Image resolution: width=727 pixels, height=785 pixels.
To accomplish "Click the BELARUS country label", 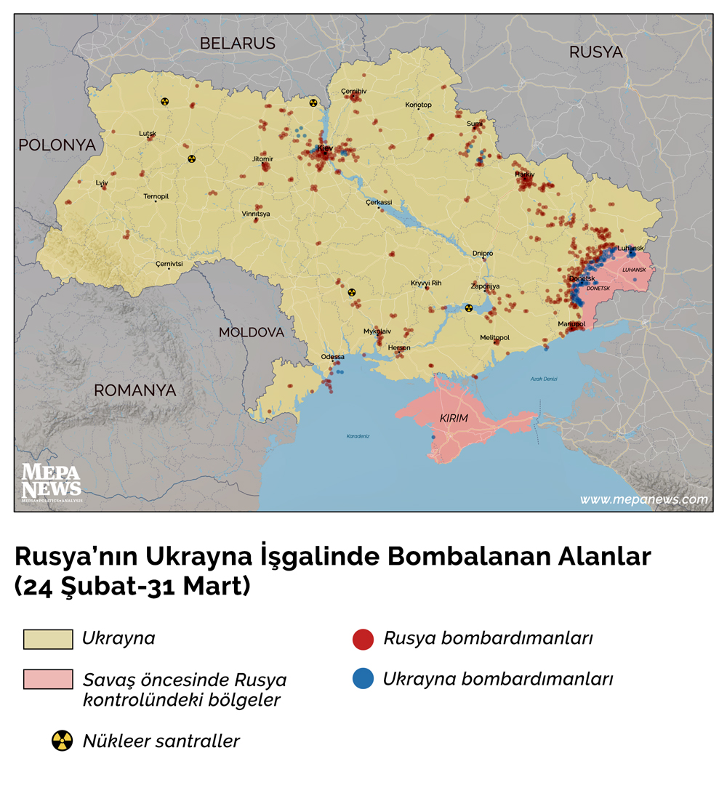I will click(238, 44).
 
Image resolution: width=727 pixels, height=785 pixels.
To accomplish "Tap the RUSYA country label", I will click(595, 52).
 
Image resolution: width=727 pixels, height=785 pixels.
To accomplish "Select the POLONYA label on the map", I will click(57, 145).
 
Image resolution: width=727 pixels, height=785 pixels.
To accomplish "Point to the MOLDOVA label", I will click(252, 332).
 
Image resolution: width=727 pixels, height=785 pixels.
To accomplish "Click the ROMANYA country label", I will click(134, 390).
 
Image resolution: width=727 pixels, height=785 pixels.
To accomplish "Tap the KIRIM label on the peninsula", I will click(454, 419).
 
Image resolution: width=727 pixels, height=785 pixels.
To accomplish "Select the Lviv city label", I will click(102, 183).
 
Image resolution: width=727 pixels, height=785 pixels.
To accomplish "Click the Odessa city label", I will click(332, 357).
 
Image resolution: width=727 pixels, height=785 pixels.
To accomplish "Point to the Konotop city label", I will click(418, 105).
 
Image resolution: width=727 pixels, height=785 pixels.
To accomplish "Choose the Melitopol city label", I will click(494, 338).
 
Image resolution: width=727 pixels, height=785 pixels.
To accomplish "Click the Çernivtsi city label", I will click(169, 264).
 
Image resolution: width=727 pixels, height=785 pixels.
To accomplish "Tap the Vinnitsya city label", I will click(256, 214).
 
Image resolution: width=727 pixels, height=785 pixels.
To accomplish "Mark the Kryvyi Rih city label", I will click(426, 283).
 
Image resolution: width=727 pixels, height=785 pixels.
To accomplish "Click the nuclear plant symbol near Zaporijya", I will click(469, 307).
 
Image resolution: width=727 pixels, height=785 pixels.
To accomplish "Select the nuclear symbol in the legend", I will click(62, 741).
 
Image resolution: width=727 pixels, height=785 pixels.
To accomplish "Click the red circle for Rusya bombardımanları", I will click(363, 639).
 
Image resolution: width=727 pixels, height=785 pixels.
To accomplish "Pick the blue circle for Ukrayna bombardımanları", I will click(363, 679).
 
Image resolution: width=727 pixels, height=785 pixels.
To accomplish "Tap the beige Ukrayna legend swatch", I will click(48, 639).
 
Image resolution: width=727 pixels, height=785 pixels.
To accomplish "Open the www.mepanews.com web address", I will click(643, 499).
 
